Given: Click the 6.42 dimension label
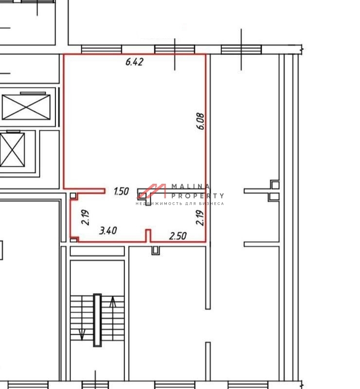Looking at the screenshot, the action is tap(134, 62).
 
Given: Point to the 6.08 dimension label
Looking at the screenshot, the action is tap(200, 121).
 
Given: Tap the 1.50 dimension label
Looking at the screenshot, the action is tap(121, 191).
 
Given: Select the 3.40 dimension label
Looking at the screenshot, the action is tap(108, 230).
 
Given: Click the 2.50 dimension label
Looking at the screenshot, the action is tap(178, 236).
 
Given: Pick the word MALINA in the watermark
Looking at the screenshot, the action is tap(191, 186).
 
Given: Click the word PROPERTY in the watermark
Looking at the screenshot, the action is tap(198, 196).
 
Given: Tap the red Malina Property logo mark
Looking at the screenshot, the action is tap(152, 191).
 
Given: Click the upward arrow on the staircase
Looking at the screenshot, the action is tap(113, 302).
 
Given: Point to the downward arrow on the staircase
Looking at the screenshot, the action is tap(82, 335).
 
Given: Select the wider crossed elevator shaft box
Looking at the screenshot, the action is tap(26, 107).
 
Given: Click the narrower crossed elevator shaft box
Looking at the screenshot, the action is tap(12, 150).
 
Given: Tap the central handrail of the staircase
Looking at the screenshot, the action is tap(97, 320).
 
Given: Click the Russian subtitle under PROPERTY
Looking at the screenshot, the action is tap(180, 204).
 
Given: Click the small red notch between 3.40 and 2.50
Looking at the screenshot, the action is tap(148, 235).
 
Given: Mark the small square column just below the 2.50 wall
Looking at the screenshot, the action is tap(156, 250).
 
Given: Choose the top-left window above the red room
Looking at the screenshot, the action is tap(102, 50).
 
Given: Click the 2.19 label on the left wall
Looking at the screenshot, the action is tap(85, 217).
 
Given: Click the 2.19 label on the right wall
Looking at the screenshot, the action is tap(199, 217).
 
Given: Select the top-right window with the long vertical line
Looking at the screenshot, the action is tap(241, 50).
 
